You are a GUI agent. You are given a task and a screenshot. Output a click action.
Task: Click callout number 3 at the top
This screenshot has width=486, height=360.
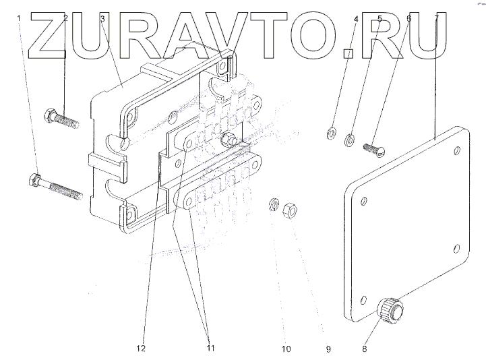tap(101, 18)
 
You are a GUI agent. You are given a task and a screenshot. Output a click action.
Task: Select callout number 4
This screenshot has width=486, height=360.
tap(355, 18)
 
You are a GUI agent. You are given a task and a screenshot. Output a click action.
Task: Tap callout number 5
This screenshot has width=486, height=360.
tap(379, 18)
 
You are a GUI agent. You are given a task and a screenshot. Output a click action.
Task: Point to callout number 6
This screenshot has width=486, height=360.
tap(408, 18)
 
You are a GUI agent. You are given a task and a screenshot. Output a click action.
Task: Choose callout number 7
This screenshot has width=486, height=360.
tap(437, 18)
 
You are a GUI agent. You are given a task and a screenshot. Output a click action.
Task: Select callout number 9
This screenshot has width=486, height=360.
tap(329, 349)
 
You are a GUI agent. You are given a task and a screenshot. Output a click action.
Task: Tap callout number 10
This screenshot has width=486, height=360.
tap(286, 349)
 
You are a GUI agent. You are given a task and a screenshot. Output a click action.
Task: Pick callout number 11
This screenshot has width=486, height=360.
tap(210, 349)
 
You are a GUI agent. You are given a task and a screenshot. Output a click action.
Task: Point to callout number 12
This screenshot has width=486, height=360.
tap(141, 349)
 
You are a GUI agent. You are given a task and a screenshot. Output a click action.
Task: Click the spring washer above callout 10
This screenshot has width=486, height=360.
tap(274, 204)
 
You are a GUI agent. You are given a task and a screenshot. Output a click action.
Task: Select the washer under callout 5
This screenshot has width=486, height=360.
tap(350, 140)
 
